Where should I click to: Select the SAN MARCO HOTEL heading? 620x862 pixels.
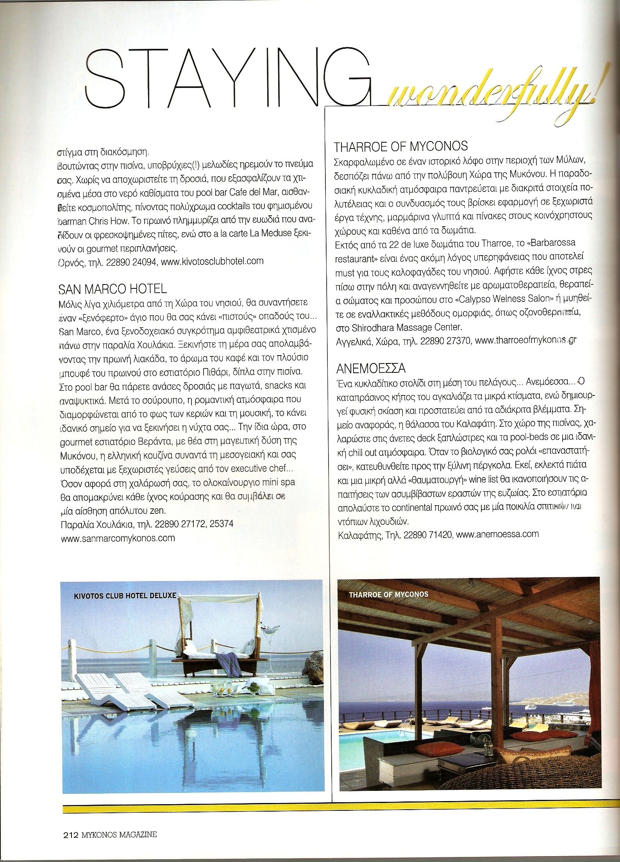click(113, 289)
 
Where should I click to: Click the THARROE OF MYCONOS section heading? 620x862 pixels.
click(401, 147)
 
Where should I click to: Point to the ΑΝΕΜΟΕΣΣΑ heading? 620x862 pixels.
click(371, 368)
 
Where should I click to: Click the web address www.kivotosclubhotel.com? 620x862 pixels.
click(212, 261)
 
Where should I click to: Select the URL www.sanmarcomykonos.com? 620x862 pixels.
click(118, 538)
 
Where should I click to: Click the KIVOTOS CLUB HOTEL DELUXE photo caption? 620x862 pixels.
click(125, 596)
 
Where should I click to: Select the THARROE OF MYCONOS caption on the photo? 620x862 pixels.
click(389, 594)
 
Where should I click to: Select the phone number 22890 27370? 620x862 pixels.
click(445, 341)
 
